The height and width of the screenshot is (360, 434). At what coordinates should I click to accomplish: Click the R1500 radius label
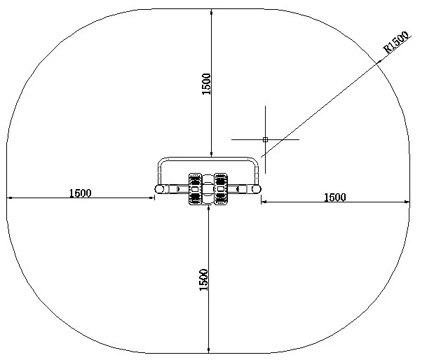pos(397,43)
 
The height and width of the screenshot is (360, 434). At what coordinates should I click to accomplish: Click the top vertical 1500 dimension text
pos(206,85)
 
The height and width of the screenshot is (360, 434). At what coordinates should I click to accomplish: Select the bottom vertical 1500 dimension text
pos(203,280)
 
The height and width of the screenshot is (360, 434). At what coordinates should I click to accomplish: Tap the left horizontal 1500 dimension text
pos(79,193)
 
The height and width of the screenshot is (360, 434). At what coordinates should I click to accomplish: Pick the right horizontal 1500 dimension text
pos(334,198)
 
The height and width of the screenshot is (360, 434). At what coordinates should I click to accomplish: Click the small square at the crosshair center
pos(265,139)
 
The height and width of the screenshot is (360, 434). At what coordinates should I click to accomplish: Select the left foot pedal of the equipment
pos(195,189)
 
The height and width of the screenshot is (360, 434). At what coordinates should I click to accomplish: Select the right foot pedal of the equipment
pos(222,189)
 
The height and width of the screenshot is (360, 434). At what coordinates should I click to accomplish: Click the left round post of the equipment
pos(160,189)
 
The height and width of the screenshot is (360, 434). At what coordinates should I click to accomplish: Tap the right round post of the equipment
pos(257,189)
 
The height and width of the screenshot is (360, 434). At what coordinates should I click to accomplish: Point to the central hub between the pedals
pos(208,189)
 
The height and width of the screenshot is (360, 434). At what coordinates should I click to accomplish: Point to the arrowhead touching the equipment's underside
pos(208,208)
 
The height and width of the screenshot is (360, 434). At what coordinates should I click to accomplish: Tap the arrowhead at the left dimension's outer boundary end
pos(8,199)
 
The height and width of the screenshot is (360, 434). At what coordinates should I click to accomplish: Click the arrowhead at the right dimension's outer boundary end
pos(408,202)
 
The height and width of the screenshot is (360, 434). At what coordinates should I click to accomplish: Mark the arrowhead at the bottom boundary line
pos(208,351)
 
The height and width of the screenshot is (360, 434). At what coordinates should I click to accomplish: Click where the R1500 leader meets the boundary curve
pos(382,61)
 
